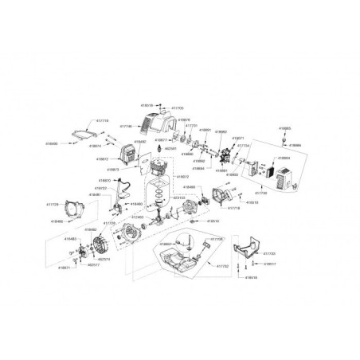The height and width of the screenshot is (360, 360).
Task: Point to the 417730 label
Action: click(260, 193)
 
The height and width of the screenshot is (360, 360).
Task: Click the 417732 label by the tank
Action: click(221, 266)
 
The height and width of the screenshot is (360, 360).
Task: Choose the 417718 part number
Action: click(234, 207)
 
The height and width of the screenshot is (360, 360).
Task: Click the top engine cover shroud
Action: click(158, 123)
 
